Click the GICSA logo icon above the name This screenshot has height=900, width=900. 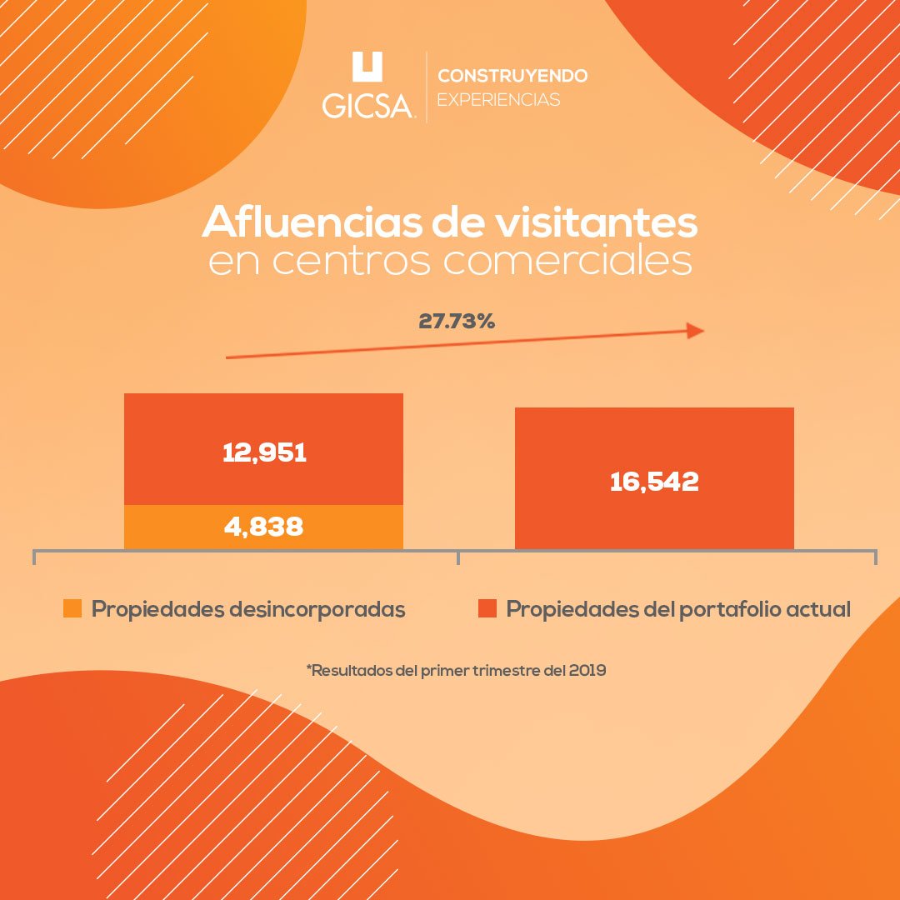(x=367, y=67)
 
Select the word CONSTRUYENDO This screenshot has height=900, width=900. (x=512, y=76)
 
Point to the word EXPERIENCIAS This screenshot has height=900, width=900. (x=498, y=100)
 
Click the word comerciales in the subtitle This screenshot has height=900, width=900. (x=568, y=261)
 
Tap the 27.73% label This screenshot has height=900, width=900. (x=457, y=321)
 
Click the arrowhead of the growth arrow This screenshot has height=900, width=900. (x=695, y=331)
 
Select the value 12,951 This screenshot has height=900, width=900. (x=264, y=452)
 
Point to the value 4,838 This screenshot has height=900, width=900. (x=264, y=527)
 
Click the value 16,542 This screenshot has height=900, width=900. (x=654, y=482)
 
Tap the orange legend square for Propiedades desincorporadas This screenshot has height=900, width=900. (x=72, y=608)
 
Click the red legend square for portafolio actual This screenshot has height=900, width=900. (x=487, y=608)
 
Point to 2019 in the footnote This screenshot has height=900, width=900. (x=587, y=670)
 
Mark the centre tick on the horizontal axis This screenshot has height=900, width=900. (x=458, y=557)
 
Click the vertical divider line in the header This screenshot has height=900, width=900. (x=427, y=87)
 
